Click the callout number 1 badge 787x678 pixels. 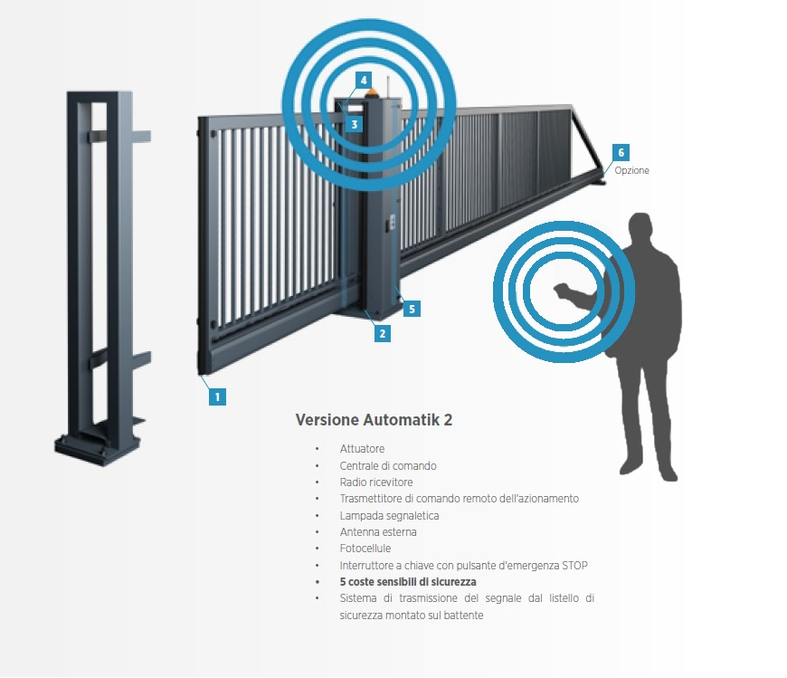[217, 396]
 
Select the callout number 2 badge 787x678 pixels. [383, 333]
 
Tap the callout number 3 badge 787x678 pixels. [355, 124]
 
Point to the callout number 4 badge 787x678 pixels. [363, 80]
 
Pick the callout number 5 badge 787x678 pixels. [412, 309]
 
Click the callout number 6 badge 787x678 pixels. [621, 152]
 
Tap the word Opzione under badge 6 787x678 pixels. [631, 170]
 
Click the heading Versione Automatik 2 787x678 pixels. [374, 420]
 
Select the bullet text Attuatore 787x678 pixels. [362, 449]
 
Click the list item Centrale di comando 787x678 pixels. [388, 465]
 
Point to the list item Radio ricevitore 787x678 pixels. [376, 482]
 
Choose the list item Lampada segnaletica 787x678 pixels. [389, 515]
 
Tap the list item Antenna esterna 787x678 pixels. [378, 532]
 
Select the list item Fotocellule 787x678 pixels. [367, 549]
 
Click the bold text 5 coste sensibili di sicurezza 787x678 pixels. [408, 582]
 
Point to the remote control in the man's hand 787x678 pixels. [561, 291]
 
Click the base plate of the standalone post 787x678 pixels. [99, 447]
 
